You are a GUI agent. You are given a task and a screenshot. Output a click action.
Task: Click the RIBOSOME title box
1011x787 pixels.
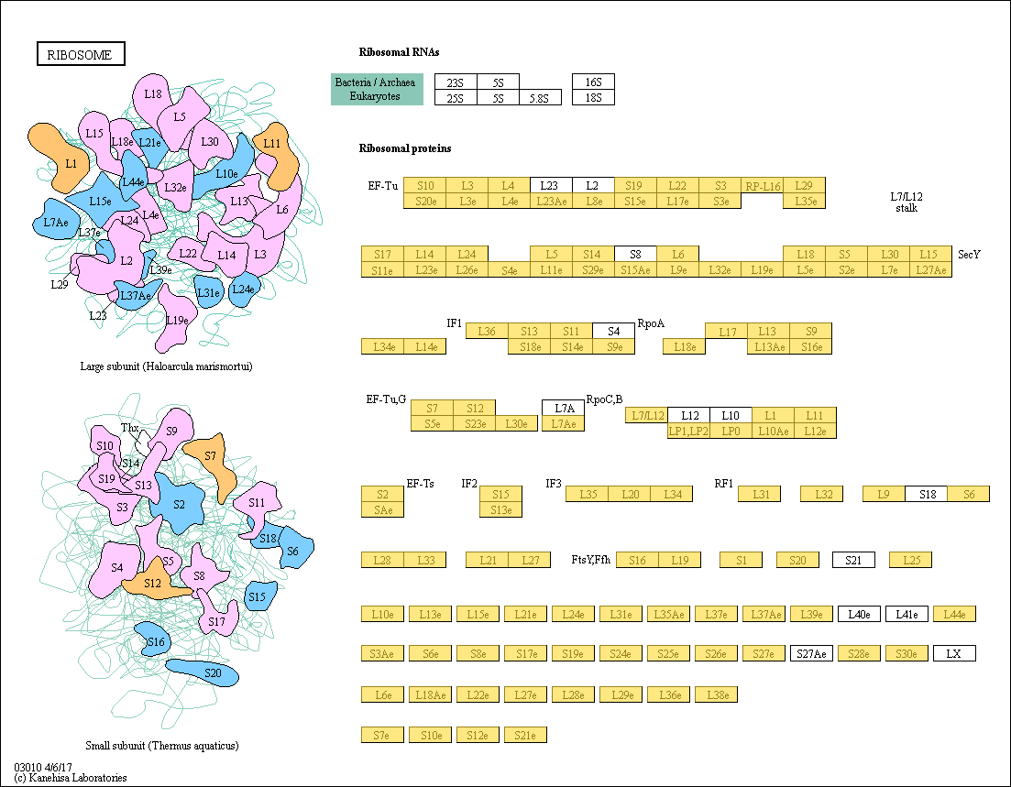pyautogui.click(x=80, y=54)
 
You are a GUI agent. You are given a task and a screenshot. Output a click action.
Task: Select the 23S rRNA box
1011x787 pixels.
pyautogui.click(x=456, y=82)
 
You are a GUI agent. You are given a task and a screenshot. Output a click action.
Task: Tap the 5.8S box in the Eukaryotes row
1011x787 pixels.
pyautogui.click(x=540, y=98)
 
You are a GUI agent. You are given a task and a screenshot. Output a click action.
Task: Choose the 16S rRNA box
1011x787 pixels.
pyautogui.click(x=593, y=82)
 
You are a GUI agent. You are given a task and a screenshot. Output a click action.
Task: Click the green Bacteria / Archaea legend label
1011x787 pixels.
pyautogui.click(x=377, y=82)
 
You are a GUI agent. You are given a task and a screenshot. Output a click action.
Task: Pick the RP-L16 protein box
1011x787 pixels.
pyautogui.click(x=762, y=186)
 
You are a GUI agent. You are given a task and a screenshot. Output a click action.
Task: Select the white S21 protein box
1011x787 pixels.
pyautogui.click(x=853, y=560)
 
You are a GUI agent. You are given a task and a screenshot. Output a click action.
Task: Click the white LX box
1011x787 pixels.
pyautogui.click(x=954, y=653)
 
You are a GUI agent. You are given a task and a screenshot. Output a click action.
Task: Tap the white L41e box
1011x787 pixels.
pyautogui.click(x=907, y=614)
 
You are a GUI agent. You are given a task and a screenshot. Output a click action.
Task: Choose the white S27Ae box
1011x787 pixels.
pyautogui.click(x=811, y=653)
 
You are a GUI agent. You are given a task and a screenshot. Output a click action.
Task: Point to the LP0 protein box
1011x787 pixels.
pyautogui.click(x=731, y=431)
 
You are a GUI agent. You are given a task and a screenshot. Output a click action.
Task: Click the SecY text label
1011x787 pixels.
pyautogui.click(x=969, y=254)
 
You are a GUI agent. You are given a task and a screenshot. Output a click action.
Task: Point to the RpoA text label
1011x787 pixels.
pyautogui.click(x=651, y=323)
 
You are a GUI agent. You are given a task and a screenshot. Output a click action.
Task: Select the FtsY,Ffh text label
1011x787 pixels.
pyautogui.click(x=591, y=560)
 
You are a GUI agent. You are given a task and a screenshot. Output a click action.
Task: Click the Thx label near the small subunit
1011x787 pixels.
pyautogui.click(x=129, y=428)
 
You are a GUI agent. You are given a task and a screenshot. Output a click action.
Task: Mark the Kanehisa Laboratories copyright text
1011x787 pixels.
pyautogui.click(x=71, y=778)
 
